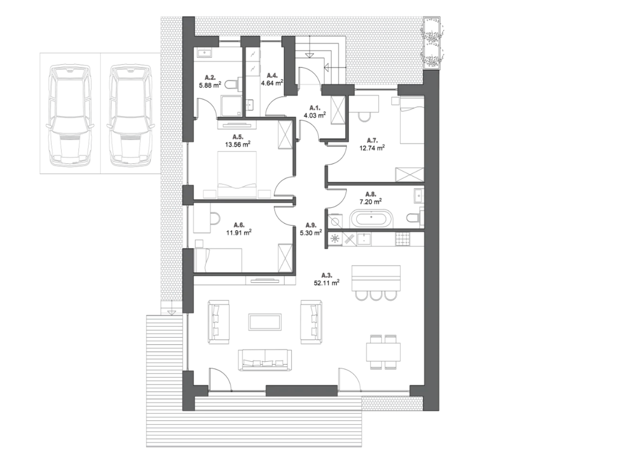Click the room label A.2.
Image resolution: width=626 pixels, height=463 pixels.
click(x=210, y=77)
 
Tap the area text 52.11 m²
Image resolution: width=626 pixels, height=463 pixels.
click(x=326, y=283)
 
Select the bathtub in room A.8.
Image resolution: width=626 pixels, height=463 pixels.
click(x=371, y=219)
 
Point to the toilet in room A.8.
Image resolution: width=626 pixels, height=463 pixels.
click(x=415, y=218)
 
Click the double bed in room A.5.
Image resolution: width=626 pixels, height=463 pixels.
click(x=237, y=175)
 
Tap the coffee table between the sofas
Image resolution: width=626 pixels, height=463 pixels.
click(x=265, y=322)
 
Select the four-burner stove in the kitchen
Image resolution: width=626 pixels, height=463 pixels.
click(x=402, y=239)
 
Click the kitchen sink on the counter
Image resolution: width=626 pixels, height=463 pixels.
click(x=364, y=239)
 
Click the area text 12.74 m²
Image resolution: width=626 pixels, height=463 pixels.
click(x=372, y=148)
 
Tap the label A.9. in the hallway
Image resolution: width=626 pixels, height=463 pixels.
click(x=311, y=225)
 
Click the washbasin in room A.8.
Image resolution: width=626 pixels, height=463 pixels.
click(x=419, y=196)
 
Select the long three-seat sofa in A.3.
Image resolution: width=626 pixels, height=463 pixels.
click(x=265, y=360)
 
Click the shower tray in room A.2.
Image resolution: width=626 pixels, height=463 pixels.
click(x=232, y=105)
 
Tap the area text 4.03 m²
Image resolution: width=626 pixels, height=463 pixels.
click(x=315, y=115)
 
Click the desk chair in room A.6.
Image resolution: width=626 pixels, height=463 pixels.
click(x=215, y=219)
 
